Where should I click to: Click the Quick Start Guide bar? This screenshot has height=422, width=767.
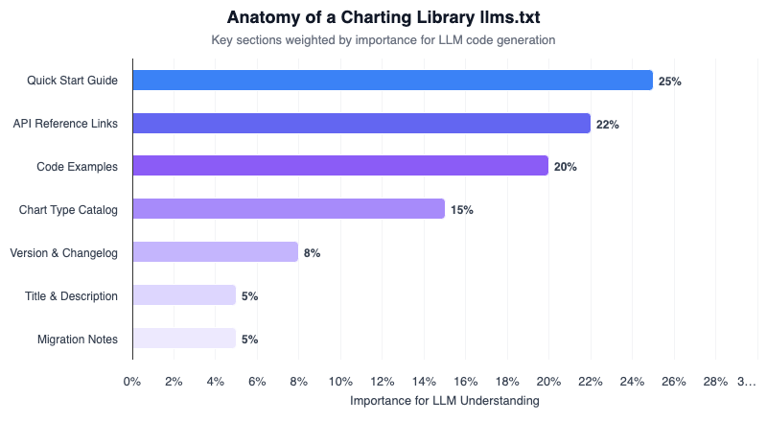(392, 81)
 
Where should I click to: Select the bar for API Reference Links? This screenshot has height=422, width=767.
(361, 124)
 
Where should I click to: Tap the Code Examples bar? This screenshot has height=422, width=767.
(340, 166)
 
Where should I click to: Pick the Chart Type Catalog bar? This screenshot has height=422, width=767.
(289, 209)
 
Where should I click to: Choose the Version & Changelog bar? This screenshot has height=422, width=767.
(216, 252)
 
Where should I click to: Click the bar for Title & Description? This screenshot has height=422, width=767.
(184, 295)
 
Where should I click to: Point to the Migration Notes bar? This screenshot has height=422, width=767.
(184, 339)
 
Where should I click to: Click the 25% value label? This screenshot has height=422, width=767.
(670, 82)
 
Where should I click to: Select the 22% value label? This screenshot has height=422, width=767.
(608, 125)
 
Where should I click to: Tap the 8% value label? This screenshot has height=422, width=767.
(312, 253)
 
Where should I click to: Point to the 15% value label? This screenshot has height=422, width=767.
(462, 210)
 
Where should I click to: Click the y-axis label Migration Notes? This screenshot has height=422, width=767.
(78, 339)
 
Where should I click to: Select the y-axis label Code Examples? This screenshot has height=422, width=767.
(78, 167)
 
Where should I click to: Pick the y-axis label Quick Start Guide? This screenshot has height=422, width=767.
(73, 81)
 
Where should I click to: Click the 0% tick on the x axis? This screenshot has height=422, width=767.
(132, 382)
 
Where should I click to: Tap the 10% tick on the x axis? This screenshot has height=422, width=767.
(340, 382)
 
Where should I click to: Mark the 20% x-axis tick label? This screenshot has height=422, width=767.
(548, 382)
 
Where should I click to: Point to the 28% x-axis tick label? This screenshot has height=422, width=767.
(715, 382)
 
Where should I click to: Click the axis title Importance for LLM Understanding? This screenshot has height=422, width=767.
(445, 400)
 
